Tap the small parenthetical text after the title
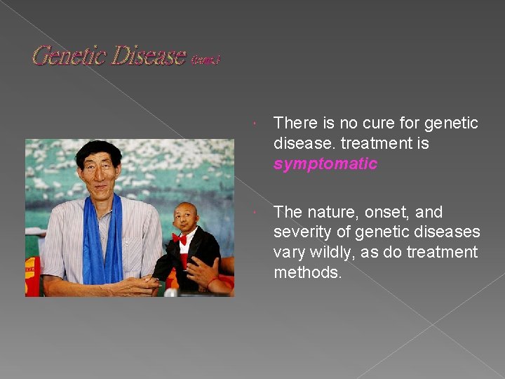205,60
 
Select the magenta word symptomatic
325,164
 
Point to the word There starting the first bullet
295,124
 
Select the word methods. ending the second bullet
308,272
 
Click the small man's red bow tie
180,239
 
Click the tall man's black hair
97,147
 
